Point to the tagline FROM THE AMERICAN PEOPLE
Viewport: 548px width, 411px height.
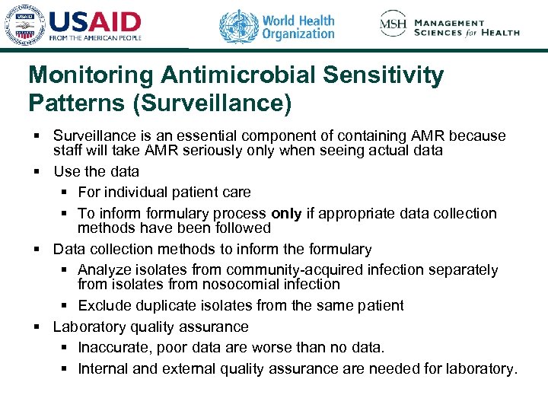pyautogui.click(x=95, y=37)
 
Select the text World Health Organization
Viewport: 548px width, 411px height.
pyautogui.click(x=298, y=27)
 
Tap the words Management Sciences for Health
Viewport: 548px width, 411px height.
pyautogui.click(x=467, y=27)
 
